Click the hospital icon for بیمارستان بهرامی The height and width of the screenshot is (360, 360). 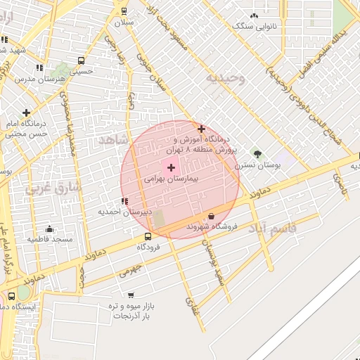171,167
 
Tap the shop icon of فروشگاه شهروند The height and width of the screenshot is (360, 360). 212,217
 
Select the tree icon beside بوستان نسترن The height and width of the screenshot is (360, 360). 257,154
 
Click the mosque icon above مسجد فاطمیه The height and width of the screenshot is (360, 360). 49,229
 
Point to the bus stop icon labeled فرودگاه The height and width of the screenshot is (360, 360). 148,236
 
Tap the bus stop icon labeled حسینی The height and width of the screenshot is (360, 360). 82,60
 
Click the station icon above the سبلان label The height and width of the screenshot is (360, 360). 124,11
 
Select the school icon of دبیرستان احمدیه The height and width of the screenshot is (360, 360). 124,201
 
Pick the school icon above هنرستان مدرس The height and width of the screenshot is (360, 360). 39,67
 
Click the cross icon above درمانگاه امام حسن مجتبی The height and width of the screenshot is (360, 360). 27,112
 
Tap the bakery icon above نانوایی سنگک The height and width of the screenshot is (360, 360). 254,15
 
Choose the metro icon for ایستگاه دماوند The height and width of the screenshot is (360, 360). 11,296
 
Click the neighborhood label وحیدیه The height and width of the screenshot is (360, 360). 225,78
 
